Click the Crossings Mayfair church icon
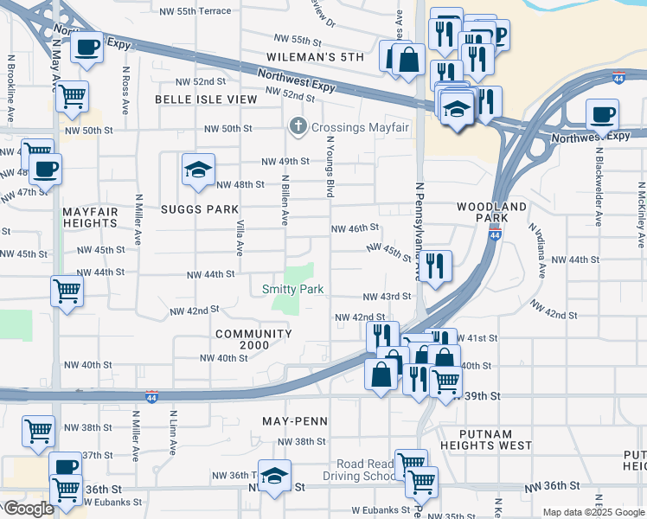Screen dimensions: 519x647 298,128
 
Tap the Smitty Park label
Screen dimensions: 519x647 293,290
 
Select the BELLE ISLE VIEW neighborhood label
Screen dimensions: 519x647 206,99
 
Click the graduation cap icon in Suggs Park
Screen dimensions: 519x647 198,170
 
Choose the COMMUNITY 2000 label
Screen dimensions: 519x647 253,340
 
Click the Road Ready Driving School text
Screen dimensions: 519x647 359,469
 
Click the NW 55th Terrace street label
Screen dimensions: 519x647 195,11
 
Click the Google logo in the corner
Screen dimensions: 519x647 29,509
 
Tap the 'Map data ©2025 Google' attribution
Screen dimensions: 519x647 593,512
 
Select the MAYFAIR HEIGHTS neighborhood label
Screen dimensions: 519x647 89,216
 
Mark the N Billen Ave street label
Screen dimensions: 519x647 284,199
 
